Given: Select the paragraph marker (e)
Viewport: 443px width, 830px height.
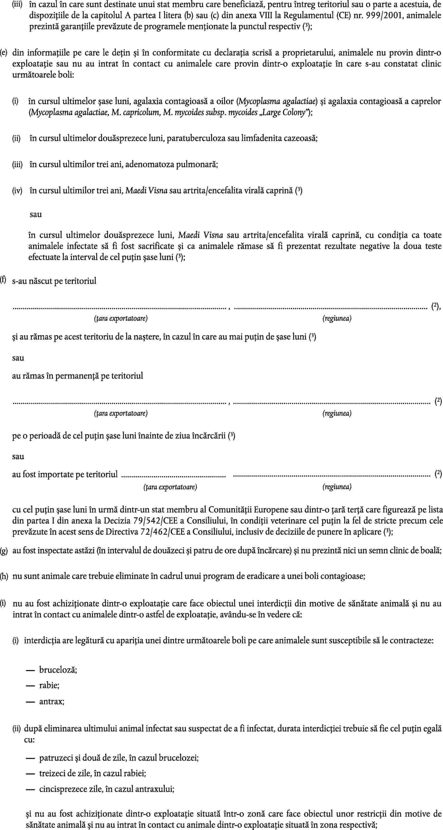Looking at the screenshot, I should [4, 52].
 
